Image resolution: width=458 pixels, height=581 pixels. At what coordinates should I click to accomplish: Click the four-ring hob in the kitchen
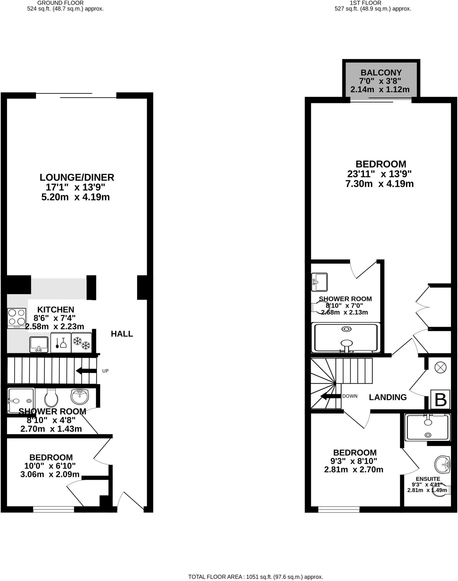(x=17, y=318)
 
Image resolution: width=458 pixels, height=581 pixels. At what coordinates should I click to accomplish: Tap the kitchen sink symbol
(x=39, y=345)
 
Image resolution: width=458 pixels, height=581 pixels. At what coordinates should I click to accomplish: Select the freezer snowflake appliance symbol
(x=82, y=343)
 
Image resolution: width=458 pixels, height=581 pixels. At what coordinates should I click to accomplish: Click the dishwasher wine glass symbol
(x=61, y=343)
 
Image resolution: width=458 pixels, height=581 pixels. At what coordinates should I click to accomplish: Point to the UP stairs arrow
(x=86, y=371)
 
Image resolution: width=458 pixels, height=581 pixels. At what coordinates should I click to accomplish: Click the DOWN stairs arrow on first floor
(x=331, y=397)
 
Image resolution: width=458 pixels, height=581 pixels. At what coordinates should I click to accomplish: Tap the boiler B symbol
(x=440, y=399)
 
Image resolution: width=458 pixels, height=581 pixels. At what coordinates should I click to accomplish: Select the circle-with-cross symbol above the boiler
(x=440, y=368)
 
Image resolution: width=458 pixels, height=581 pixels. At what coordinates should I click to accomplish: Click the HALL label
(x=122, y=334)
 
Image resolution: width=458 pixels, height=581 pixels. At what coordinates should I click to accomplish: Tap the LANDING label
(x=388, y=397)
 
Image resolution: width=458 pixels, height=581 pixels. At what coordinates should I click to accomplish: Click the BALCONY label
(x=381, y=73)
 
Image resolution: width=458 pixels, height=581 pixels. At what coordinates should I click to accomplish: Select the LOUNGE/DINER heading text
(x=77, y=177)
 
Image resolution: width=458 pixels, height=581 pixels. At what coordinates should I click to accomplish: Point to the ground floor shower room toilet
(x=51, y=397)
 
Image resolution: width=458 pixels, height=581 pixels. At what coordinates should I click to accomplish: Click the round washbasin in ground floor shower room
(x=80, y=396)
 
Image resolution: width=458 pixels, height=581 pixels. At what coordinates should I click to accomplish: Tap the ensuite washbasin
(x=442, y=465)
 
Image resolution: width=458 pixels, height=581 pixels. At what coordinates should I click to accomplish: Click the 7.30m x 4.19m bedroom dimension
(x=379, y=184)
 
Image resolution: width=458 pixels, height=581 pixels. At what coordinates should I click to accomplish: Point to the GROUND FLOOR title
(x=60, y=3)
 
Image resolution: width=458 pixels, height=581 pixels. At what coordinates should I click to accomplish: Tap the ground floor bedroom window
(x=53, y=510)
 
